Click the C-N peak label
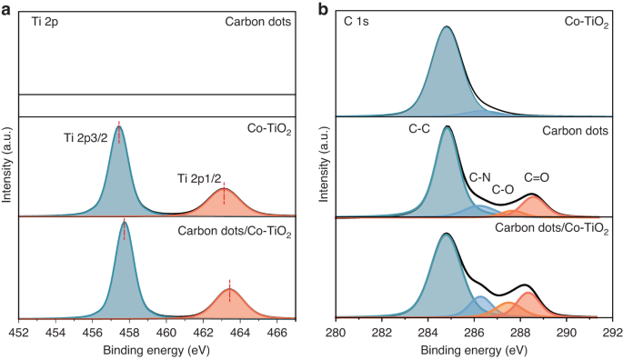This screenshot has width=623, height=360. pyautogui.click(x=480, y=176)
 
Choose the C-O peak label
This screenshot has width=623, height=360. pyautogui.click(x=505, y=190)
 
